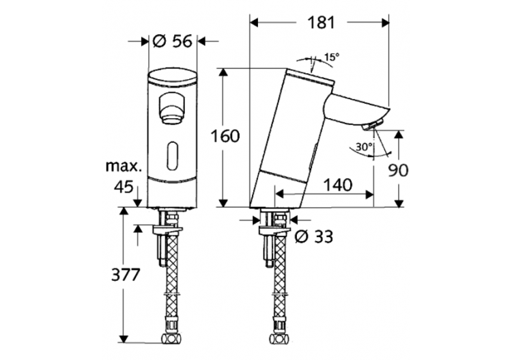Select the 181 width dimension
(x=318, y=22)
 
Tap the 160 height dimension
(x=224, y=136)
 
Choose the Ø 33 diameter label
(x=314, y=236)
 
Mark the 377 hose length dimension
(x=125, y=275)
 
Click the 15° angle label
(x=330, y=58)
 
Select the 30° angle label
(x=364, y=146)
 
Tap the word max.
(x=124, y=166)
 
